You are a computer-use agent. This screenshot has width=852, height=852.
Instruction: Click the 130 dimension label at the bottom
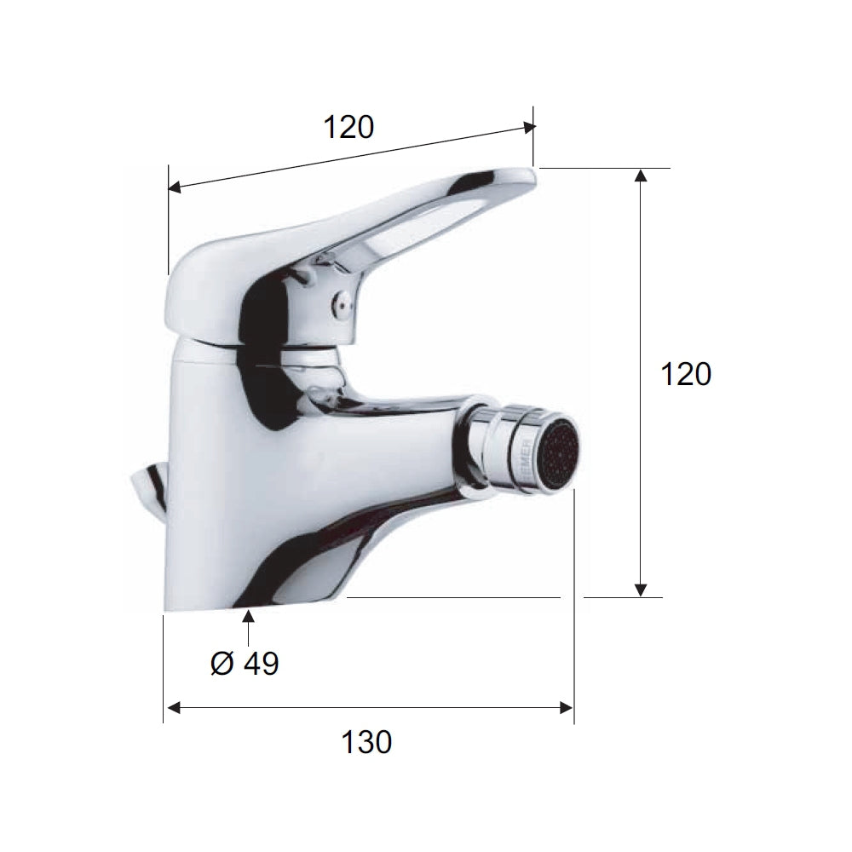(367, 742)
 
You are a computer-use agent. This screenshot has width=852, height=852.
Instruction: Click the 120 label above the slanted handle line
(348, 127)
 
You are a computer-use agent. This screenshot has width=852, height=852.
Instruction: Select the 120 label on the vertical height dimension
(687, 374)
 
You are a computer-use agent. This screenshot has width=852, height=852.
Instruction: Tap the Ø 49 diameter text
(245, 663)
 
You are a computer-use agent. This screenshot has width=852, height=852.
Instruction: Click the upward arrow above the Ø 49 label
(249, 619)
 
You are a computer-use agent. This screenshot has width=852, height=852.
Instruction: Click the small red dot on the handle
(341, 300)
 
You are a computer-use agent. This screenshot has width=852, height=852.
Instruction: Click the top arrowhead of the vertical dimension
(642, 176)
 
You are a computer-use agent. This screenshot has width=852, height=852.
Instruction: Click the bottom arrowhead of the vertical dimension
(642, 590)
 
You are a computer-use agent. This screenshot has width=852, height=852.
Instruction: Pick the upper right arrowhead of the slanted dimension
(529, 128)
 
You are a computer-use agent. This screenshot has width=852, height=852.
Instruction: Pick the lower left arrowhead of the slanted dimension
(175, 187)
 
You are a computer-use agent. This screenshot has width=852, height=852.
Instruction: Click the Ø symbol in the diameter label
(221, 663)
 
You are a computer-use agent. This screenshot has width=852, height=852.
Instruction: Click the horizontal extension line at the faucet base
(452, 597)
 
